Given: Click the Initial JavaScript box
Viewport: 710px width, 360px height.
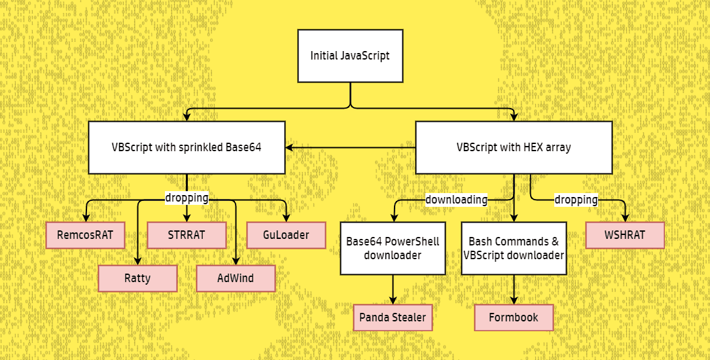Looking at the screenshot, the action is (350, 56).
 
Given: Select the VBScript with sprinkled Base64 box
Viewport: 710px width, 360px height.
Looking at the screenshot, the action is (186, 147).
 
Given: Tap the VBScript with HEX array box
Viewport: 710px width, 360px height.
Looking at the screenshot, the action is (514, 147).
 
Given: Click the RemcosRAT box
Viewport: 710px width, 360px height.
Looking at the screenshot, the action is (85, 235).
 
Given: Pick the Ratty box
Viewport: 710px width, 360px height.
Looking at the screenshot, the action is (137, 278).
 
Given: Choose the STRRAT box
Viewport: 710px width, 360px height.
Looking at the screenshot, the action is (186, 235).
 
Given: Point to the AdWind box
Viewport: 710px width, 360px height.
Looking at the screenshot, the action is (236, 278).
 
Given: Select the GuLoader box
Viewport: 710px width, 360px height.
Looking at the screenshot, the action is (286, 235).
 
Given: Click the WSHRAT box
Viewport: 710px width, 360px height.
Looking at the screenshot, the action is (625, 235).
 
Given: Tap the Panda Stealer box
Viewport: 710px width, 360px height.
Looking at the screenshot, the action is (393, 317).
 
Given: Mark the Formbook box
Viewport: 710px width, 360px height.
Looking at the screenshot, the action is (514, 317).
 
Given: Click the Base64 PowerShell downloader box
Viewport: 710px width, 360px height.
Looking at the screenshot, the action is (393, 248).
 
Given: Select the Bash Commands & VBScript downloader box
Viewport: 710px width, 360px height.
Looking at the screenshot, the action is (514, 248).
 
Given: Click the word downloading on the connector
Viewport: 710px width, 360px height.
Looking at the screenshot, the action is (457, 200).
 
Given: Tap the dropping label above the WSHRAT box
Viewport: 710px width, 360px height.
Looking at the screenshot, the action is (577, 200).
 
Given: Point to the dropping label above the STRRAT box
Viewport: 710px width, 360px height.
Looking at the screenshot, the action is (186, 198).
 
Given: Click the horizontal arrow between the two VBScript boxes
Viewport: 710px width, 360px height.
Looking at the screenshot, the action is (351, 147).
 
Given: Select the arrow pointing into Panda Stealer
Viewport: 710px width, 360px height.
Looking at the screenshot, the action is (393, 289).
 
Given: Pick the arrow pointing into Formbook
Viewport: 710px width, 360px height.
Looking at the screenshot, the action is (514, 289).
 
